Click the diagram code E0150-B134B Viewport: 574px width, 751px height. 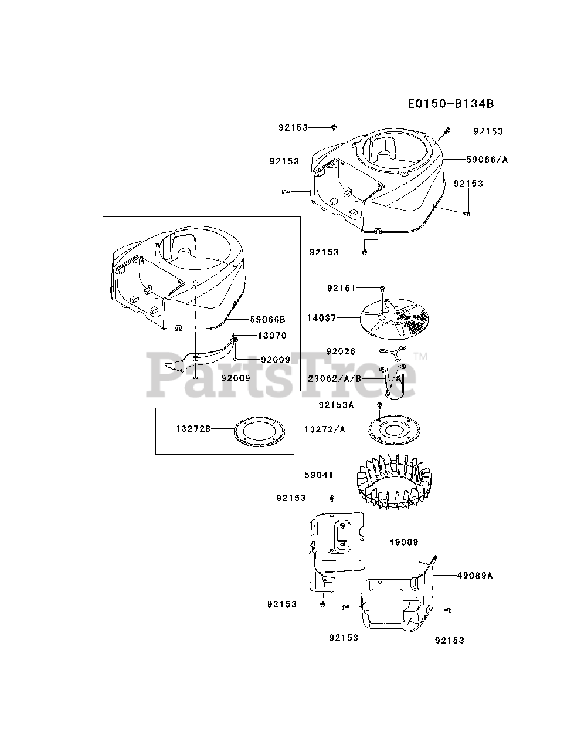[451, 104]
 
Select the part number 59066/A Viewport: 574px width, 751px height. [487, 159]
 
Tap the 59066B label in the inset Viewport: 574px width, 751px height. [267, 320]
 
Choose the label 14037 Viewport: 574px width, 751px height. [321, 317]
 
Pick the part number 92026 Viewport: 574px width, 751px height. [341, 351]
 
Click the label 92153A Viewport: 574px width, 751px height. [337, 405]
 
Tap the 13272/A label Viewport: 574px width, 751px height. [324, 429]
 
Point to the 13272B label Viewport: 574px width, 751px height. [193, 429]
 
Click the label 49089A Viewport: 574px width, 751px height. [474, 576]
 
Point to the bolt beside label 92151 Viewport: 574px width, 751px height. [382, 288]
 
